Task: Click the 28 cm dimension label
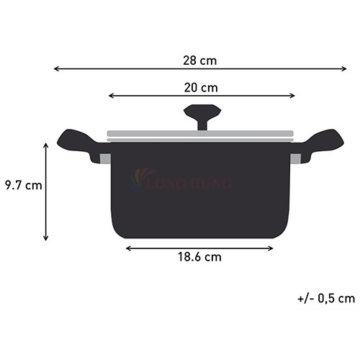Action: [200, 60]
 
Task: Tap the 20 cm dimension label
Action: [201, 88]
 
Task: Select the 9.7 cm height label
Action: [24, 185]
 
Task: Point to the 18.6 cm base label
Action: [199, 257]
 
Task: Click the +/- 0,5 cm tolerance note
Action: [326, 299]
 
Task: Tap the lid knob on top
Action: [202, 117]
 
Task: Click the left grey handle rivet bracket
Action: [105, 159]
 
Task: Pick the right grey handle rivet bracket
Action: [295, 159]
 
